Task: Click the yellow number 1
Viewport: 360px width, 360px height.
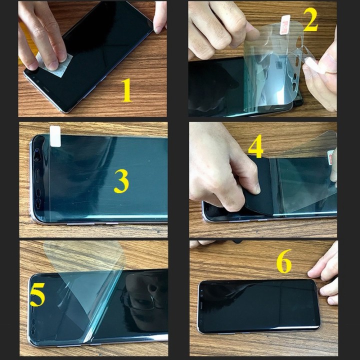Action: pos(126,90)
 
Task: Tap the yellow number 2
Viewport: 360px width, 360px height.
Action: pos(310,19)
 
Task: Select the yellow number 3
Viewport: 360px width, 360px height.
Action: pos(121,181)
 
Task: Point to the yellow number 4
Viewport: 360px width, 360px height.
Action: pos(255,146)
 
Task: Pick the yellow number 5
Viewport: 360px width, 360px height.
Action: pos(37,294)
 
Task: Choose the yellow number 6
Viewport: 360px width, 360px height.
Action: pos(284,261)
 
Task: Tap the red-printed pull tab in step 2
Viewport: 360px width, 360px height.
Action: pos(285,24)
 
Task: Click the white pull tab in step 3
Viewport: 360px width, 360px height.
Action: pos(55,136)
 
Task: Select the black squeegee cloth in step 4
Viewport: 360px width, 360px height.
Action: pos(258,183)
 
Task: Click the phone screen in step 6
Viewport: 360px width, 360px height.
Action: pos(259,306)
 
